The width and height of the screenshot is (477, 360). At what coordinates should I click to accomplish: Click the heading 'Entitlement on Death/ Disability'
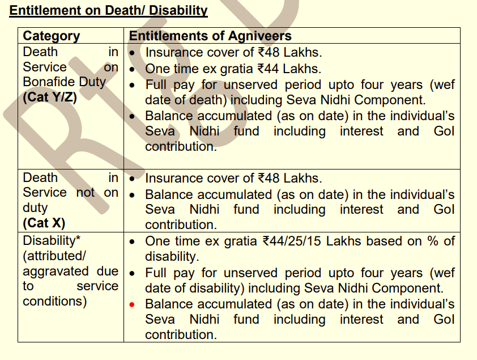coord(108,11)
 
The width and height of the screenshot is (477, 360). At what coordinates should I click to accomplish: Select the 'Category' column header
coord(52,37)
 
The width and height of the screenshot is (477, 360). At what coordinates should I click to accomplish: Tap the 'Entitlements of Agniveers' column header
coord(210,37)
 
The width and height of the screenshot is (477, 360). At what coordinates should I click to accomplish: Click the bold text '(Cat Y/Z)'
coord(50,97)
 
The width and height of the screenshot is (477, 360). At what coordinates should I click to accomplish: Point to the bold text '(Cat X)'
coord(44,223)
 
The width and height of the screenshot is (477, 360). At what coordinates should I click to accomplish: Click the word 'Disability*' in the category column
coord(52,241)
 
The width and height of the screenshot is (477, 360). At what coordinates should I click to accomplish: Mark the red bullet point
coord(132,304)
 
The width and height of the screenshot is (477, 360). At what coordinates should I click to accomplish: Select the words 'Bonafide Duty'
coord(64,82)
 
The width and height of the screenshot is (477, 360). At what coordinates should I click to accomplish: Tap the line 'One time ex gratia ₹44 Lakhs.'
coord(233,69)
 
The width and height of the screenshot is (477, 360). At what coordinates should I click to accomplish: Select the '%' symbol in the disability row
coord(434,241)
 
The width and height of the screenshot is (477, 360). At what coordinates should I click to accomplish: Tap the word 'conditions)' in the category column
coord(54,301)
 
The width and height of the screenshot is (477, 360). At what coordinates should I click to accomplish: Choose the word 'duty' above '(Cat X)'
coord(35,207)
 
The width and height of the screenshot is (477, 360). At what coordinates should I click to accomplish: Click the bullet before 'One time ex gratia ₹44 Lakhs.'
coord(132,70)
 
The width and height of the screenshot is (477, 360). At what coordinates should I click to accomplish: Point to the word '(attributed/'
coord(54,256)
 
